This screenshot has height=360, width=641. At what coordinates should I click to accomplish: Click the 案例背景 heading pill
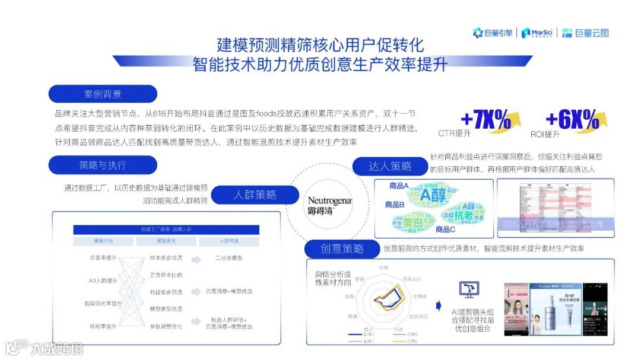(103, 94)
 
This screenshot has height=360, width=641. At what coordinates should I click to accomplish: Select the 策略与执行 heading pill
(103, 164)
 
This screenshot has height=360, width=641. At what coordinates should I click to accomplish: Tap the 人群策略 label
(255, 195)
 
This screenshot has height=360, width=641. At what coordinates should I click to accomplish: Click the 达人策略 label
(390, 166)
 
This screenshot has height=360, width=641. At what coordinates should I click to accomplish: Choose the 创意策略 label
(342, 249)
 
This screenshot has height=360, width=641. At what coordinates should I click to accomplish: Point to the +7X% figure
(485, 120)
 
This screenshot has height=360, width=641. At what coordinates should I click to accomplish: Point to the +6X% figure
(572, 120)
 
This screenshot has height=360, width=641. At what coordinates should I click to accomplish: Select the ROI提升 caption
(545, 134)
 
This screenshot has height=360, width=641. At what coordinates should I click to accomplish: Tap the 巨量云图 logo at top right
(585, 33)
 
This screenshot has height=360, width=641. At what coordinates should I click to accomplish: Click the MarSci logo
(539, 33)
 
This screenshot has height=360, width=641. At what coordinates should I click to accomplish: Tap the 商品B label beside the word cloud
(395, 205)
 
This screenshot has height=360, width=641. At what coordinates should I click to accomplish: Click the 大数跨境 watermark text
(57, 348)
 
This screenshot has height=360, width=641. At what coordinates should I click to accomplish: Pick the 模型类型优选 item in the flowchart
(166, 308)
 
